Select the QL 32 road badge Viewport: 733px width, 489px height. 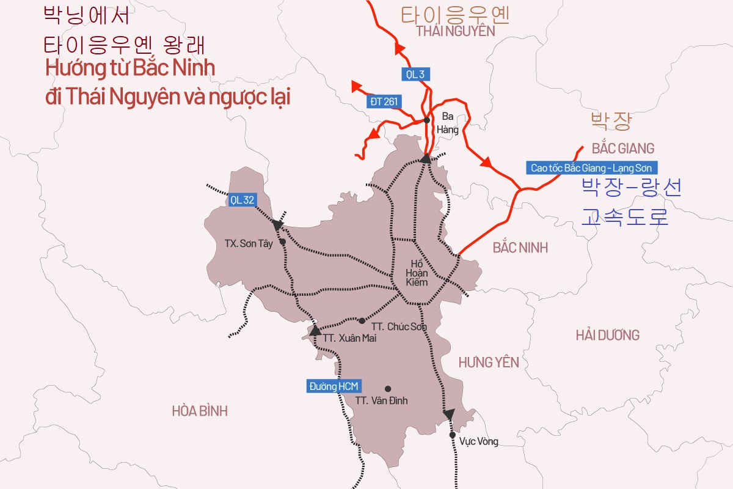(x=243, y=199)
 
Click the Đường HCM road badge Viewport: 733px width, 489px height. (x=334, y=386)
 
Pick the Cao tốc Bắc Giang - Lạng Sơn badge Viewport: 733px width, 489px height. (x=591, y=168)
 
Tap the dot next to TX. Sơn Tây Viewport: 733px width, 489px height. (x=282, y=242)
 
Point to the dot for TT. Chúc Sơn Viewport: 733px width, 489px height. (x=362, y=320)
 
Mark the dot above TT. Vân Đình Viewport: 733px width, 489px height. (x=387, y=389)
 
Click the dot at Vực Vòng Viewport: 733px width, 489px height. (x=452, y=435)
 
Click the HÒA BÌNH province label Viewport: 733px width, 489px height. (x=200, y=411)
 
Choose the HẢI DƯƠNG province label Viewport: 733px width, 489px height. (x=608, y=335)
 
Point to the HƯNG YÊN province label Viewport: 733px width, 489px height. (x=489, y=362)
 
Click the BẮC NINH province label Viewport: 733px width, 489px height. (x=520, y=248)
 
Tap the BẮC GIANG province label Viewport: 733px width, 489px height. (x=623, y=149)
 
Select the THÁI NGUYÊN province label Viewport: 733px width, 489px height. (x=456, y=32)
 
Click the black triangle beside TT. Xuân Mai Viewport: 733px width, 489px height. (x=315, y=331)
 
